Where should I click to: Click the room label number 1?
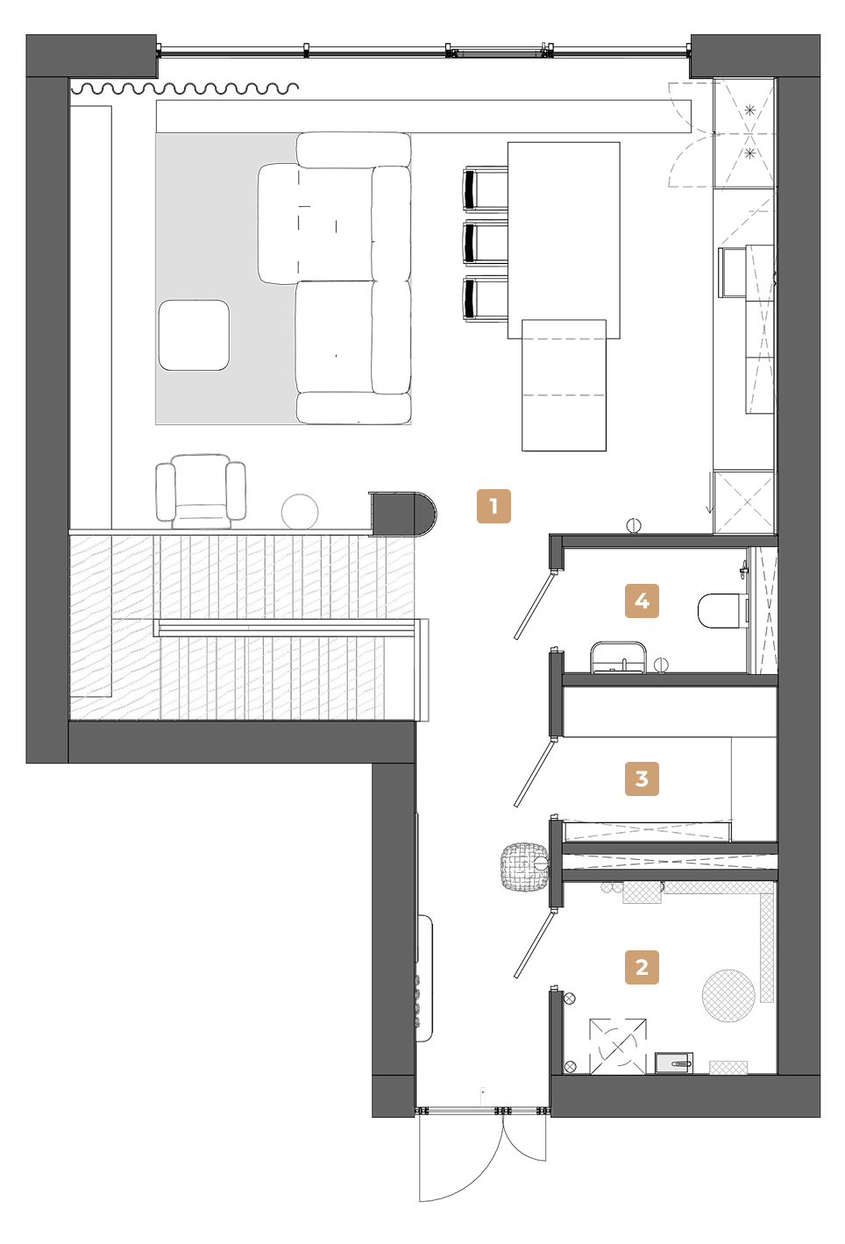click(x=494, y=506)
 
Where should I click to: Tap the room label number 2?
click(x=642, y=967)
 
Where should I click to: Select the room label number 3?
click(x=642, y=778)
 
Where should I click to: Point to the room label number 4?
click(x=642, y=601)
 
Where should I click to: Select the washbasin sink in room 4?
click(x=618, y=658)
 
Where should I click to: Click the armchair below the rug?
click(x=201, y=491)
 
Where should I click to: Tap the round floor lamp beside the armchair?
click(x=300, y=511)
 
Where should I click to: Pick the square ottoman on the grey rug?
click(x=194, y=335)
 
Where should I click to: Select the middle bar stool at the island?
click(x=486, y=243)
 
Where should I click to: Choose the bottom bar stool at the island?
click(x=486, y=298)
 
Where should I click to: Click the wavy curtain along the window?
click(x=187, y=88)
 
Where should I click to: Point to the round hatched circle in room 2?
click(x=728, y=996)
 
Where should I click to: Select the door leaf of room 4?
click(x=534, y=605)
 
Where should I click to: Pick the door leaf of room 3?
click(x=534, y=772)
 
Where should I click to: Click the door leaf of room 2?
click(x=534, y=943)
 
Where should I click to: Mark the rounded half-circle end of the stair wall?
click(x=426, y=514)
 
